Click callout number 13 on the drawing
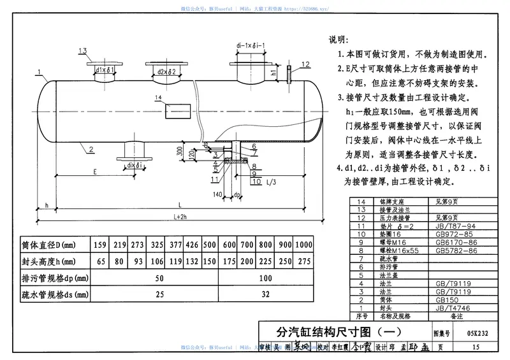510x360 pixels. [83, 51]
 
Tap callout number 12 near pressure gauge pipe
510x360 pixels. [306, 64]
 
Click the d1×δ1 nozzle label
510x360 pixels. [104, 70]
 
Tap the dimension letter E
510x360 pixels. [94, 172]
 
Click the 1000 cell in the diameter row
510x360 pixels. [303, 245]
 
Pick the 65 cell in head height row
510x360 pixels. [100, 262]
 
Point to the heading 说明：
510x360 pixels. [339, 40]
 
